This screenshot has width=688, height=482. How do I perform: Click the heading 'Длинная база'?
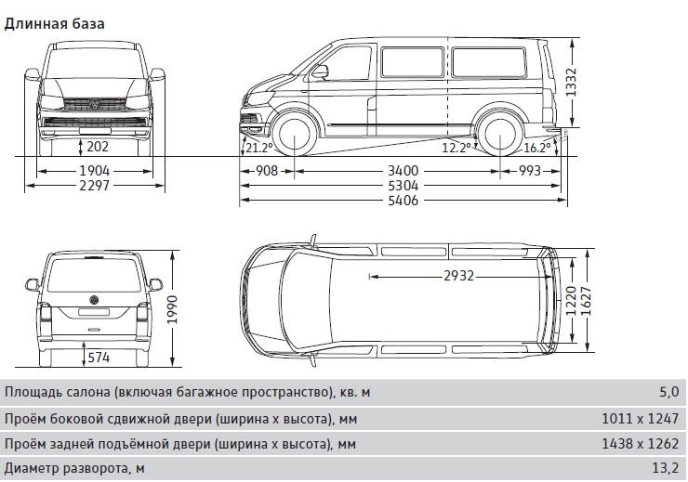(55, 23)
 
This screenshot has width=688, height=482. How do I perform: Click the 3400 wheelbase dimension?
(403, 171)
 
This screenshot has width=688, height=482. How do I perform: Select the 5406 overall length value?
(403, 201)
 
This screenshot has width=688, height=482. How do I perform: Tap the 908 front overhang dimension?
(267, 171)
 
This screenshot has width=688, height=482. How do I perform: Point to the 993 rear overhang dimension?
(530, 171)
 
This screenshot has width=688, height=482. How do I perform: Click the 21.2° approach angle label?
(259, 148)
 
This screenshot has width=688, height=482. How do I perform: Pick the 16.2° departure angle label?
(537, 148)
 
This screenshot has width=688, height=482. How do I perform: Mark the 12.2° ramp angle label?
(456, 148)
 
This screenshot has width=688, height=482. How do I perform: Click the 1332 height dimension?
(571, 83)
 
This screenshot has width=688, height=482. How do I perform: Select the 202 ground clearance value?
(97, 147)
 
